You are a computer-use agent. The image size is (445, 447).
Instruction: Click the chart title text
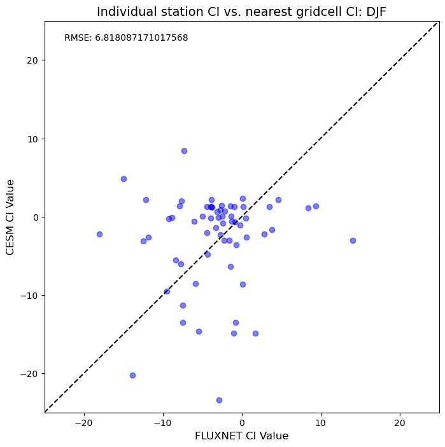click(x=241, y=12)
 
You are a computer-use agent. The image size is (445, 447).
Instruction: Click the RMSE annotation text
click(x=126, y=38)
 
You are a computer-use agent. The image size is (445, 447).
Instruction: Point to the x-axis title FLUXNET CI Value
click(x=242, y=436)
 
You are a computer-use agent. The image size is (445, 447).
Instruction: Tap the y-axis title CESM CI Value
click(x=10, y=217)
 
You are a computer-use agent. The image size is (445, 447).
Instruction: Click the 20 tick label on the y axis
click(x=32, y=60)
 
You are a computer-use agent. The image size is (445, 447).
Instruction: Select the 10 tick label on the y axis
click(x=32, y=139)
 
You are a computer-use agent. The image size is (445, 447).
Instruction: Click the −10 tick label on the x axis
click(x=163, y=423)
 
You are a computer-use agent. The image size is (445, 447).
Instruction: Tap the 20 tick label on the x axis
click(x=400, y=423)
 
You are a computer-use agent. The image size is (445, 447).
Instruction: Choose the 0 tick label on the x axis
click(x=242, y=423)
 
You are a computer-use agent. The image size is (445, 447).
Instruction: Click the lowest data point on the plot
click(x=219, y=400)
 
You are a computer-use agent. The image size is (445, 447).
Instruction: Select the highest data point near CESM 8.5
click(x=185, y=151)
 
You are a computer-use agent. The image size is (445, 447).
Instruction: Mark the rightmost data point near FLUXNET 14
click(x=353, y=240)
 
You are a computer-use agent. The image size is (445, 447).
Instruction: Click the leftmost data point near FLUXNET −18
click(x=99, y=235)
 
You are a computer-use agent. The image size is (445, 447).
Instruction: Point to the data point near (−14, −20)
click(x=132, y=375)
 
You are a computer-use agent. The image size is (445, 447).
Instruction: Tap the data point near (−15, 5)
click(x=124, y=179)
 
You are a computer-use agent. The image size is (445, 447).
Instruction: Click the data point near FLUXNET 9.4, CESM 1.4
click(x=316, y=207)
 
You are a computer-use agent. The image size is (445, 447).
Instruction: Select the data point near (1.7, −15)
click(x=255, y=334)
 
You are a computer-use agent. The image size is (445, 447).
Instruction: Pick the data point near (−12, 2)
click(x=146, y=200)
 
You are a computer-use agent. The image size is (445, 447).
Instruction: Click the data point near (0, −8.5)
click(x=243, y=284)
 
